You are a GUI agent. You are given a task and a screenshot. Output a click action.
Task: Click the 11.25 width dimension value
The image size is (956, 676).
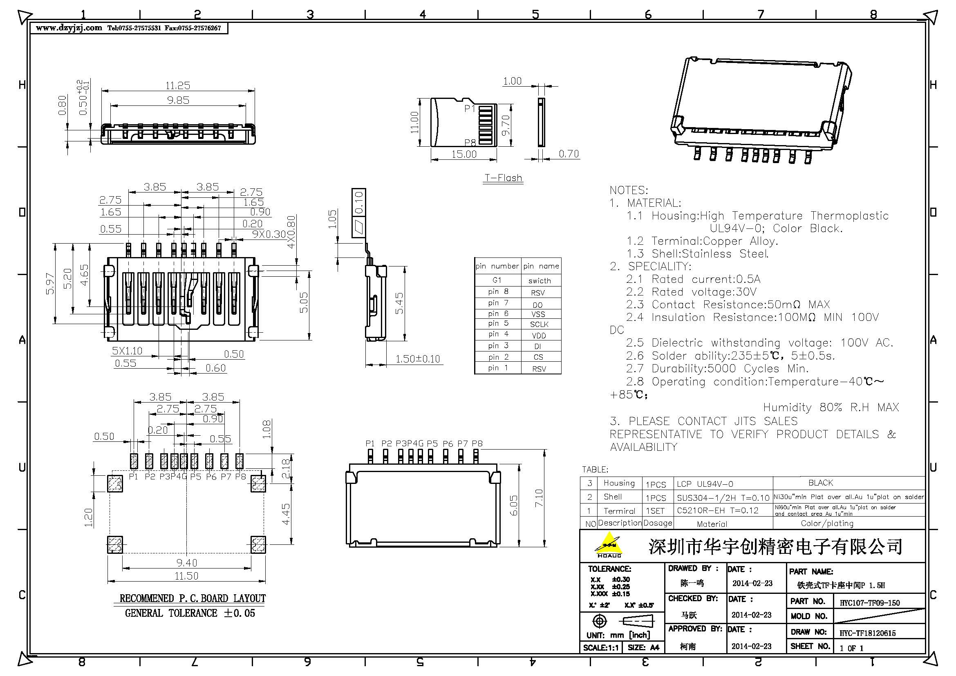[178, 86]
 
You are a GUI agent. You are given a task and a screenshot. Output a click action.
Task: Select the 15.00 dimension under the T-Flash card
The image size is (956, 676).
[464, 154]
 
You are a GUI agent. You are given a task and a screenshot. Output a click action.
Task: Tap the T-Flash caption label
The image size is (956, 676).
[503, 178]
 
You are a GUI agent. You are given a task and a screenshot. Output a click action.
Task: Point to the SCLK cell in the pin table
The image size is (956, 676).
[539, 324]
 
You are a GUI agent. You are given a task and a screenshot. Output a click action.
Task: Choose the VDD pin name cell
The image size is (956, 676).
[539, 336]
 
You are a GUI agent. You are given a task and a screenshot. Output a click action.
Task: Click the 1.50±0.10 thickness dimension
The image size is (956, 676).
[417, 359]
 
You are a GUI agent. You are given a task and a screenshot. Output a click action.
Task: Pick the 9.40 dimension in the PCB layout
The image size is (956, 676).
[186, 563]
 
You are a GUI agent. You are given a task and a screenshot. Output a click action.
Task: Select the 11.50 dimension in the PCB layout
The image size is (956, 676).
[186, 576]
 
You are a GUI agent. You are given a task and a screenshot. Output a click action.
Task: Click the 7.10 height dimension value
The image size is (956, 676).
[539, 498]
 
